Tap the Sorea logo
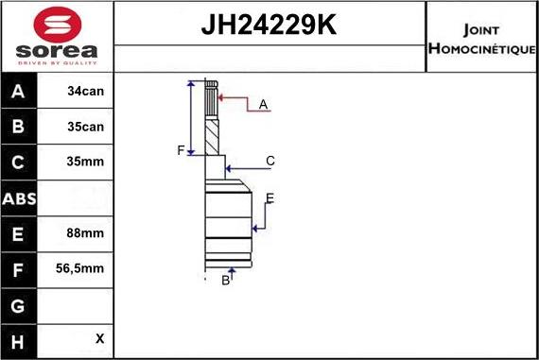pyautogui.click(x=57, y=37)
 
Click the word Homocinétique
pyautogui.click(x=481, y=48)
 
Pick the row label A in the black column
pyautogui.click(x=19, y=93)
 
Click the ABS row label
pyautogui.click(x=19, y=198)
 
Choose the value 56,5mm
pyautogui.click(x=81, y=268)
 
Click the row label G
pyautogui.click(x=19, y=304)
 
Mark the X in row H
pyautogui.click(x=99, y=338)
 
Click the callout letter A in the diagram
pyautogui.click(x=264, y=104)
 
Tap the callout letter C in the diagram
pyautogui.click(x=269, y=161)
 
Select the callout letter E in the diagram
pyautogui.click(x=269, y=197)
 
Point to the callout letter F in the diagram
pyautogui.click(x=181, y=150)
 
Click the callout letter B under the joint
pyautogui.click(x=225, y=280)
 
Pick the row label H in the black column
pyautogui.click(x=19, y=339)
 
